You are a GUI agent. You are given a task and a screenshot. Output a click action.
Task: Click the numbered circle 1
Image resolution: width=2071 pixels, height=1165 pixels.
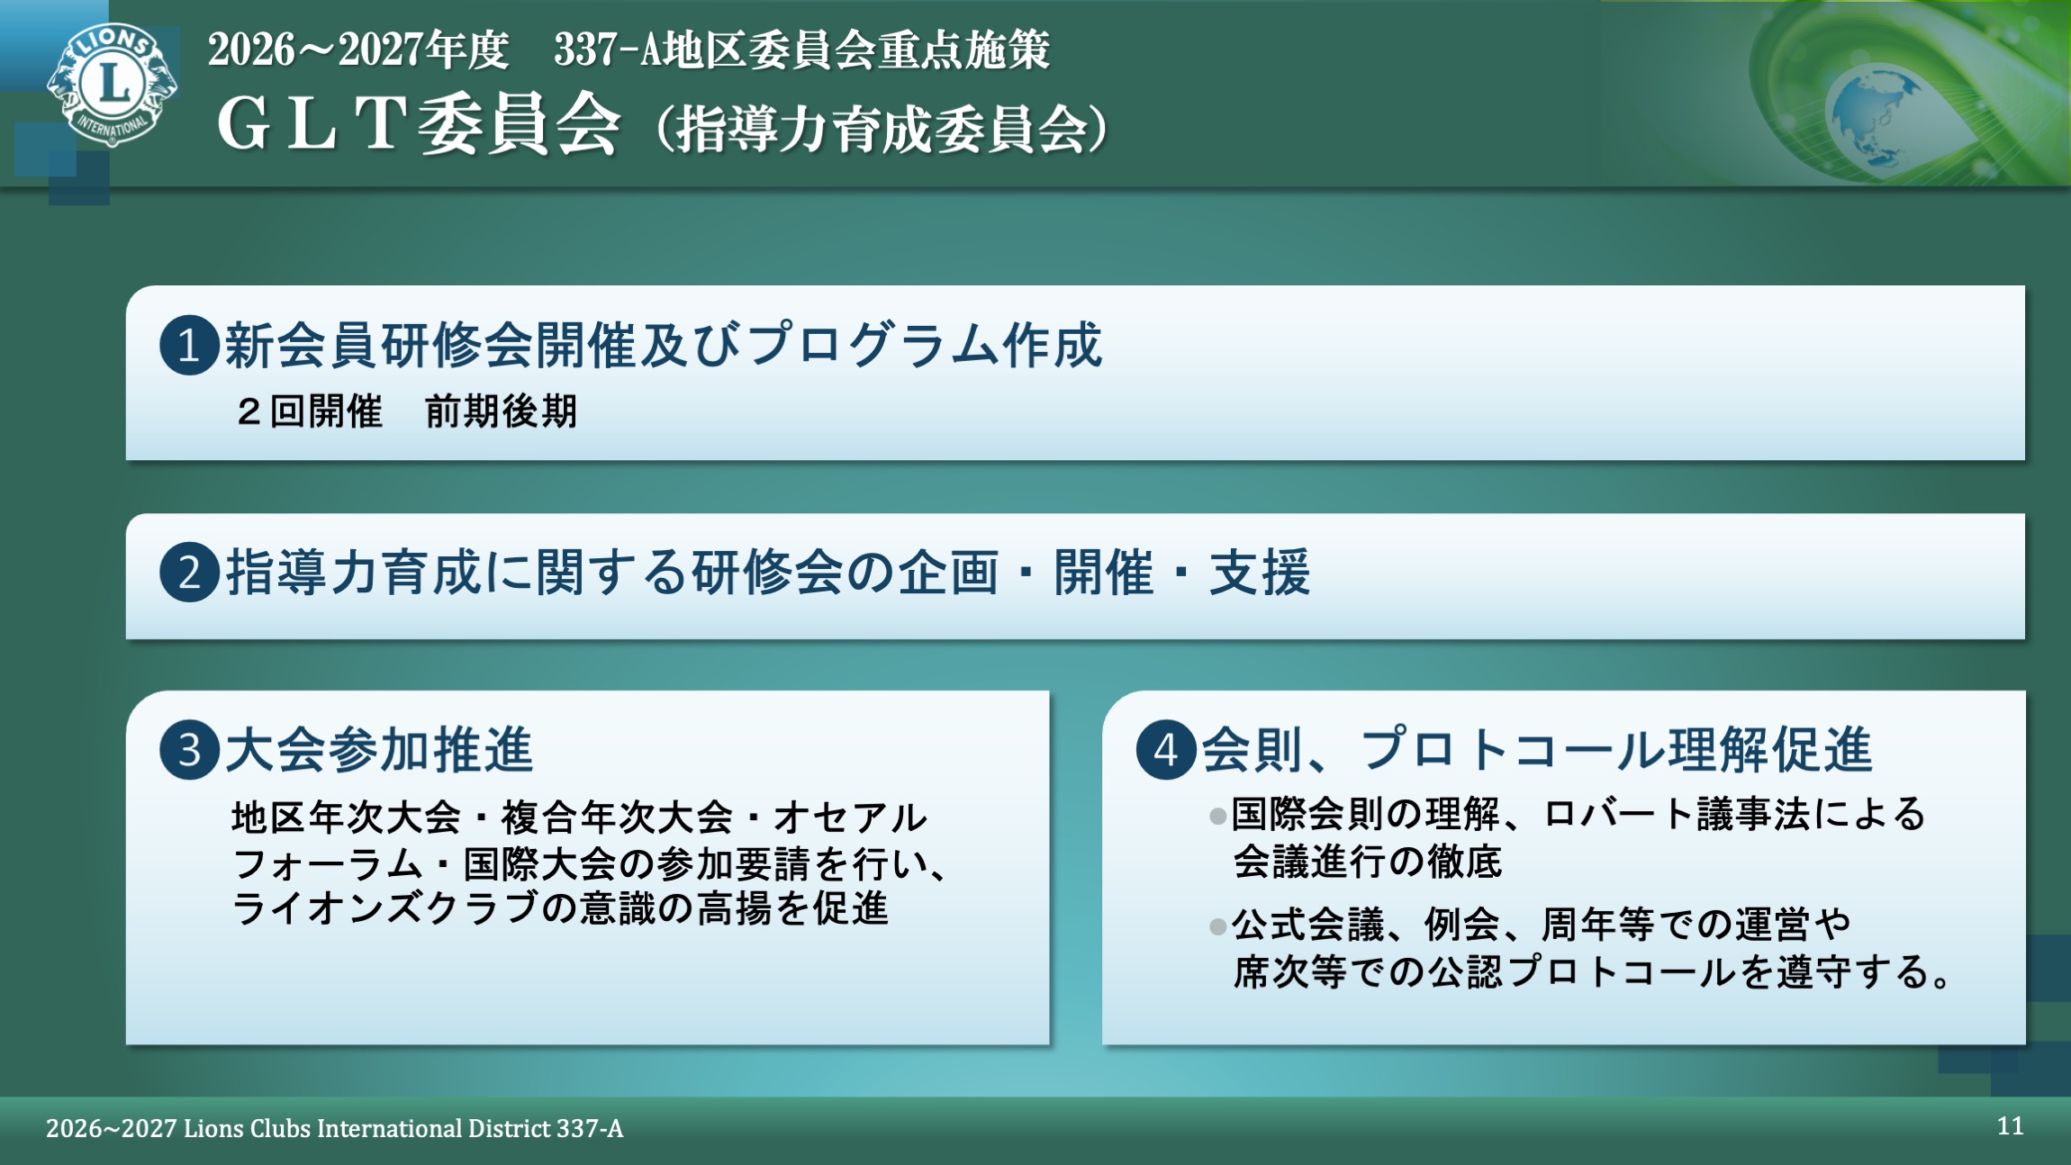189,346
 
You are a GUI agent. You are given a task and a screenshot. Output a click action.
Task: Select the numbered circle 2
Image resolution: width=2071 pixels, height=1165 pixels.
189,573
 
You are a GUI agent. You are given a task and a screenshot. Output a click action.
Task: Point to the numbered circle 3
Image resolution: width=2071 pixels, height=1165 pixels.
189,750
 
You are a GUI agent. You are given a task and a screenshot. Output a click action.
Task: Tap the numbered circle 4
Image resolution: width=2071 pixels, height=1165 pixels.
1165,750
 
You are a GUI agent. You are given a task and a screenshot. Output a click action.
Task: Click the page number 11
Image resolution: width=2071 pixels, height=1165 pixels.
2010,1126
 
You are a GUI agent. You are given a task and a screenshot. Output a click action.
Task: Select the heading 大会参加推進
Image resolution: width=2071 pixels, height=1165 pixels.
379,750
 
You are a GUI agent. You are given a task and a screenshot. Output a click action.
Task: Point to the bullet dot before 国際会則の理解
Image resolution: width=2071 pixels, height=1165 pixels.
1217,817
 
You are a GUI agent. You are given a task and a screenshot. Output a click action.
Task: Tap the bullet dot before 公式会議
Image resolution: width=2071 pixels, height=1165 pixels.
1217,926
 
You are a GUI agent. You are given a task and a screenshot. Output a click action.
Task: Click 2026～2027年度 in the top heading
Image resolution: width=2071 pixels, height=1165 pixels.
358,50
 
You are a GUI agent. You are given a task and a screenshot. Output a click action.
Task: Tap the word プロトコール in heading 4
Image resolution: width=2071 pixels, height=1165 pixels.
1513,750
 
